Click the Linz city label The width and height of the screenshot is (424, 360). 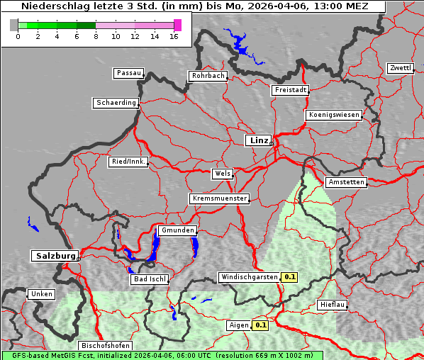pos(258,140)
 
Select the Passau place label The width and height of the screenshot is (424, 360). pos(128,73)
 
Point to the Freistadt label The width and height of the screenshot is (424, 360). pos(290,90)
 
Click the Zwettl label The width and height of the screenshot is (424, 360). pos(400,68)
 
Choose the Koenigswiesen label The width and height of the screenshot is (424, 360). pos(334,115)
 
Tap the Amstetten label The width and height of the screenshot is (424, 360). pos(346,182)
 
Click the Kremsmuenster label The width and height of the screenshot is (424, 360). pos(219,198)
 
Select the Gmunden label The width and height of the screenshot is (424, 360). pos(177,230)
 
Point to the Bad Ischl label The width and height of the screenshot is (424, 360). pos(150,279)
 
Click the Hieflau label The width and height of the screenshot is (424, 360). pos(333,305)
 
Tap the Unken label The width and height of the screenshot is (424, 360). pos(40,293)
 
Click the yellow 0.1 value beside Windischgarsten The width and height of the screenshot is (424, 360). pos(289,277)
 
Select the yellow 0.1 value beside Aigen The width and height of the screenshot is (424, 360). pos(260,325)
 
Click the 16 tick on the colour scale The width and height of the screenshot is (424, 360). pos(174,36)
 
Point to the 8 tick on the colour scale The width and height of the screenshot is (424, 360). pos(96,36)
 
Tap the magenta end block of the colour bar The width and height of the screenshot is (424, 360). pos(177,25)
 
